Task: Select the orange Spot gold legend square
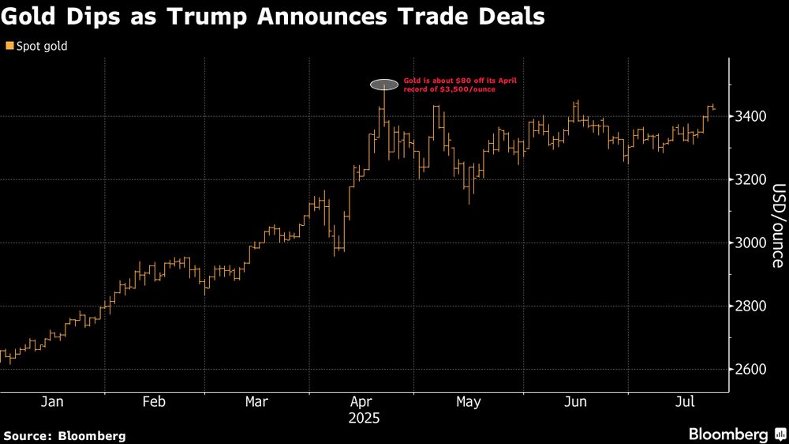click(9, 47)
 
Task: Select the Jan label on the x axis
click(52, 402)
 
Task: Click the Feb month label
click(154, 402)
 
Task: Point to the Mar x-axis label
click(256, 402)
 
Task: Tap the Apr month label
click(361, 402)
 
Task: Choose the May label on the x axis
click(468, 402)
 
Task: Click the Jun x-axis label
click(575, 402)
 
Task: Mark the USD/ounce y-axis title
click(778, 226)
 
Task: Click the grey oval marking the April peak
click(384, 84)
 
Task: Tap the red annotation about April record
click(449, 84)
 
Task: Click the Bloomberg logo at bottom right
click(728, 435)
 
